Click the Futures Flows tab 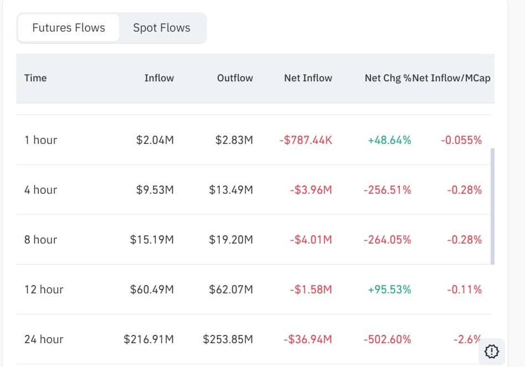click(69, 28)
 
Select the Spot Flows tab click(162, 28)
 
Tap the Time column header click(35, 78)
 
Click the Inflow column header click(159, 78)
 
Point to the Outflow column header click(235, 78)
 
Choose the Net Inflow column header click(308, 78)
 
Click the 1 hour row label click(40, 140)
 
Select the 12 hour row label click(44, 290)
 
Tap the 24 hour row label click(44, 339)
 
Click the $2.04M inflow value click(155, 140)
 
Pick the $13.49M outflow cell click(231, 190)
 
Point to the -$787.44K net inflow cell click(306, 140)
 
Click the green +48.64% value click(389, 140)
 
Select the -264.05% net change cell click(387, 240)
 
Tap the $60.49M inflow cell click(152, 290)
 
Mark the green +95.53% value click(389, 290)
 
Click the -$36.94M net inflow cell click(307, 339)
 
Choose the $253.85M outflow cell click(228, 339)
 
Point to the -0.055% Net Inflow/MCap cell click(461, 140)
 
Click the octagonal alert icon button click(492, 351)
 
